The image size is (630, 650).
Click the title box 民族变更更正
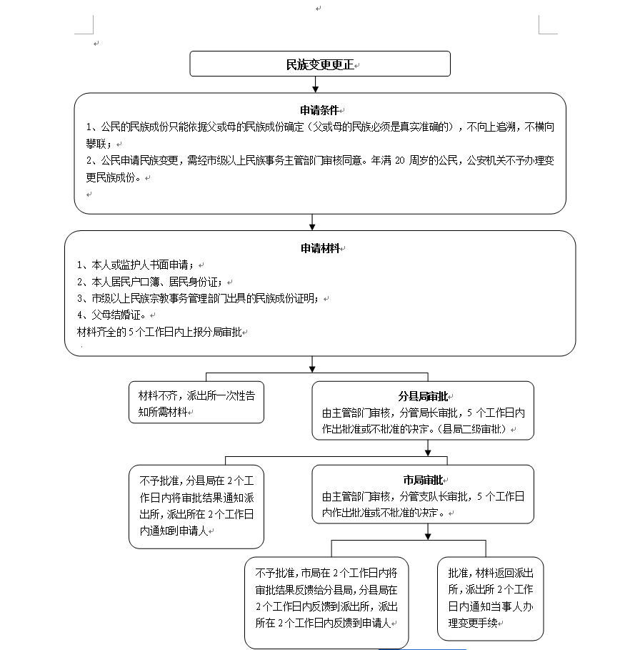click(x=319, y=64)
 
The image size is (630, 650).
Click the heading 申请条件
click(x=319, y=110)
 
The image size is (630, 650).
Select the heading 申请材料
click(x=320, y=248)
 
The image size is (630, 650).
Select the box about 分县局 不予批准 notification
click(x=196, y=506)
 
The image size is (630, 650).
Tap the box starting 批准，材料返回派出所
click(x=490, y=597)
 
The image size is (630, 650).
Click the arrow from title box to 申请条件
click(x=314, y=84)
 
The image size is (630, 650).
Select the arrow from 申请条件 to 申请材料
click(x=312, y=222)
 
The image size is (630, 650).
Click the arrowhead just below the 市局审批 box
click(x=427, y=534)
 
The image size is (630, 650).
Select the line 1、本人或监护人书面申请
click(x=136, y=265)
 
